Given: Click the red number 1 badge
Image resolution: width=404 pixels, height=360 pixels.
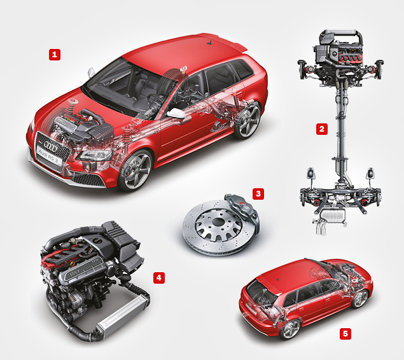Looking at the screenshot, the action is [x=55, y=55].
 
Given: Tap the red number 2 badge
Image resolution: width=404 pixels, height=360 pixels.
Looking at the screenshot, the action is [x=322, y=128].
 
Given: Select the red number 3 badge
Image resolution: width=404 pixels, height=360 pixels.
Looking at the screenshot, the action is [x=258, y=193].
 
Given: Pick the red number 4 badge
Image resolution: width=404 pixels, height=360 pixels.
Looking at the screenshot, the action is [x=159, y=277].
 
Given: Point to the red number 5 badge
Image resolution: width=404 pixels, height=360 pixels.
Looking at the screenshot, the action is [x=345, y=334].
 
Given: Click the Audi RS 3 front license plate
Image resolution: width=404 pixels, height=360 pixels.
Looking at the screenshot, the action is [x=49, y=156].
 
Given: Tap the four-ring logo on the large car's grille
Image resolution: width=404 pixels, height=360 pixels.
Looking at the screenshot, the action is [x=50, y=146].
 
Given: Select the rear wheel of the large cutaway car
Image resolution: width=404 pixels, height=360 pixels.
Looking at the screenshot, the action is [x=247, y=120].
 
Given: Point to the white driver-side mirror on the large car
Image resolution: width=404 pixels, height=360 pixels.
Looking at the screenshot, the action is [x=176, y=113].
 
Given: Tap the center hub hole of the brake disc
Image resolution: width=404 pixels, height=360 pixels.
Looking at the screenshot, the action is [x=218, y=222].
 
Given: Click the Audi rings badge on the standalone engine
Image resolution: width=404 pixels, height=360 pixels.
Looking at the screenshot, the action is [x=73, y=274].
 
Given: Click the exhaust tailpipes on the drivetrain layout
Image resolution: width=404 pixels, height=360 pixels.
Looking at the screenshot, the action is [x=321, y=228].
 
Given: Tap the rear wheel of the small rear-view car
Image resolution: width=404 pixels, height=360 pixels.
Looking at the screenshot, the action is [x=291, y=329].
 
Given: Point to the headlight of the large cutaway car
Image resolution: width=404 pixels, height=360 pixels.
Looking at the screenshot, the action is [x=95, y=155].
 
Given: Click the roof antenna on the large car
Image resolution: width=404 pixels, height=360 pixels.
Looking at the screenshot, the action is [x=210, y=43].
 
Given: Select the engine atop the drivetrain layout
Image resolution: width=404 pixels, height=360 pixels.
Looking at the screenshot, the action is [x=338, y=52].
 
